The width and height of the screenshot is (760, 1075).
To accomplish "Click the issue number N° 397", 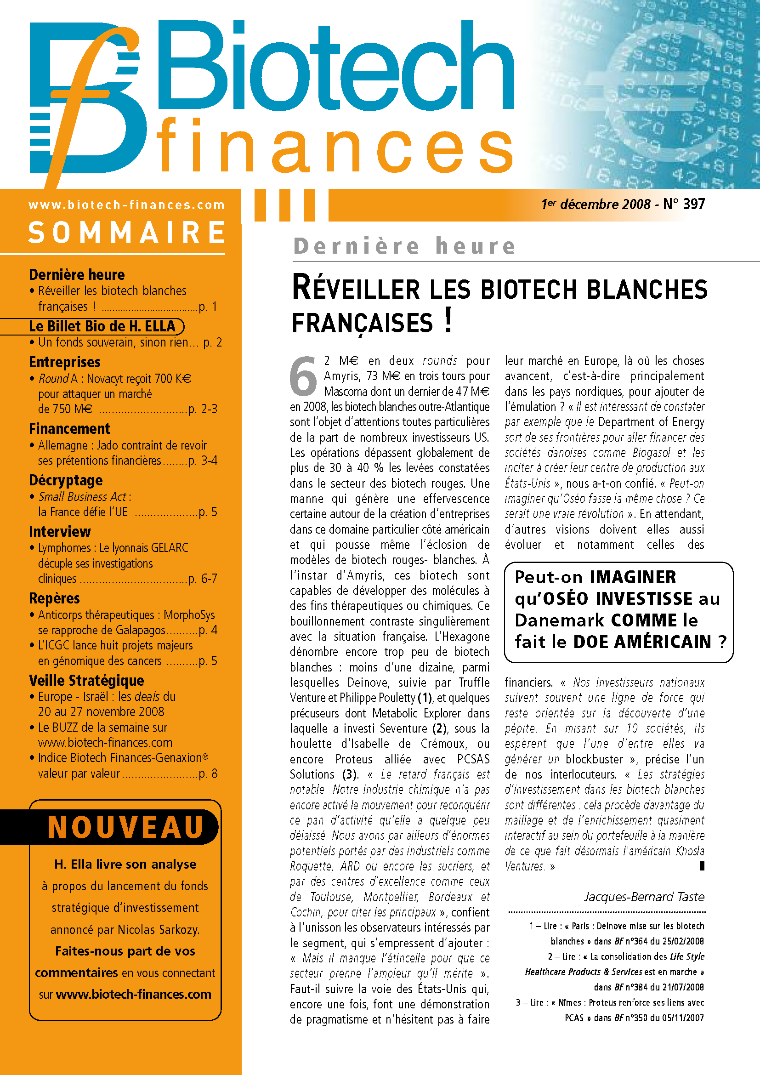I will tap(684, 204).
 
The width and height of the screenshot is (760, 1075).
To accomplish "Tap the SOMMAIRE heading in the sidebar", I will tap(126, 233).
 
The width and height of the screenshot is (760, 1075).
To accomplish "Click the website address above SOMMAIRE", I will tap(126, 205).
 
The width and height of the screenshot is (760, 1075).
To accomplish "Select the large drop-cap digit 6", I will tap(303, 376).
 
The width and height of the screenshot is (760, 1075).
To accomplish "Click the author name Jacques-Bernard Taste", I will tap(644, 897).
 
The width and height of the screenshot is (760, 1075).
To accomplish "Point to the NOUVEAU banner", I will tap(125, 827).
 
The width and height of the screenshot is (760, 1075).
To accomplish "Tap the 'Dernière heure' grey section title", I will tap(404, 246).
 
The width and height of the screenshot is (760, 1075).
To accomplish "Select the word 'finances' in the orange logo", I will tap(335, 146).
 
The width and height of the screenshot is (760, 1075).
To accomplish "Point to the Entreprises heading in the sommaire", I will tap(65, 362).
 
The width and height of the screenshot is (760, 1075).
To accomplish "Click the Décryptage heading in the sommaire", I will tap(66, 480).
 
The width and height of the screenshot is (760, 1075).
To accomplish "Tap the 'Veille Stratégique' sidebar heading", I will tap(86, 680).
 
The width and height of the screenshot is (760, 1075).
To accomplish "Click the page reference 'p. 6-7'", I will tap(203, 579).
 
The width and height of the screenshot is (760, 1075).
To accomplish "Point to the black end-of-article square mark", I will tap(702, 866).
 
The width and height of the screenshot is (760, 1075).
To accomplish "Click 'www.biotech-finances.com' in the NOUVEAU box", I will tap(133, 994).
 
